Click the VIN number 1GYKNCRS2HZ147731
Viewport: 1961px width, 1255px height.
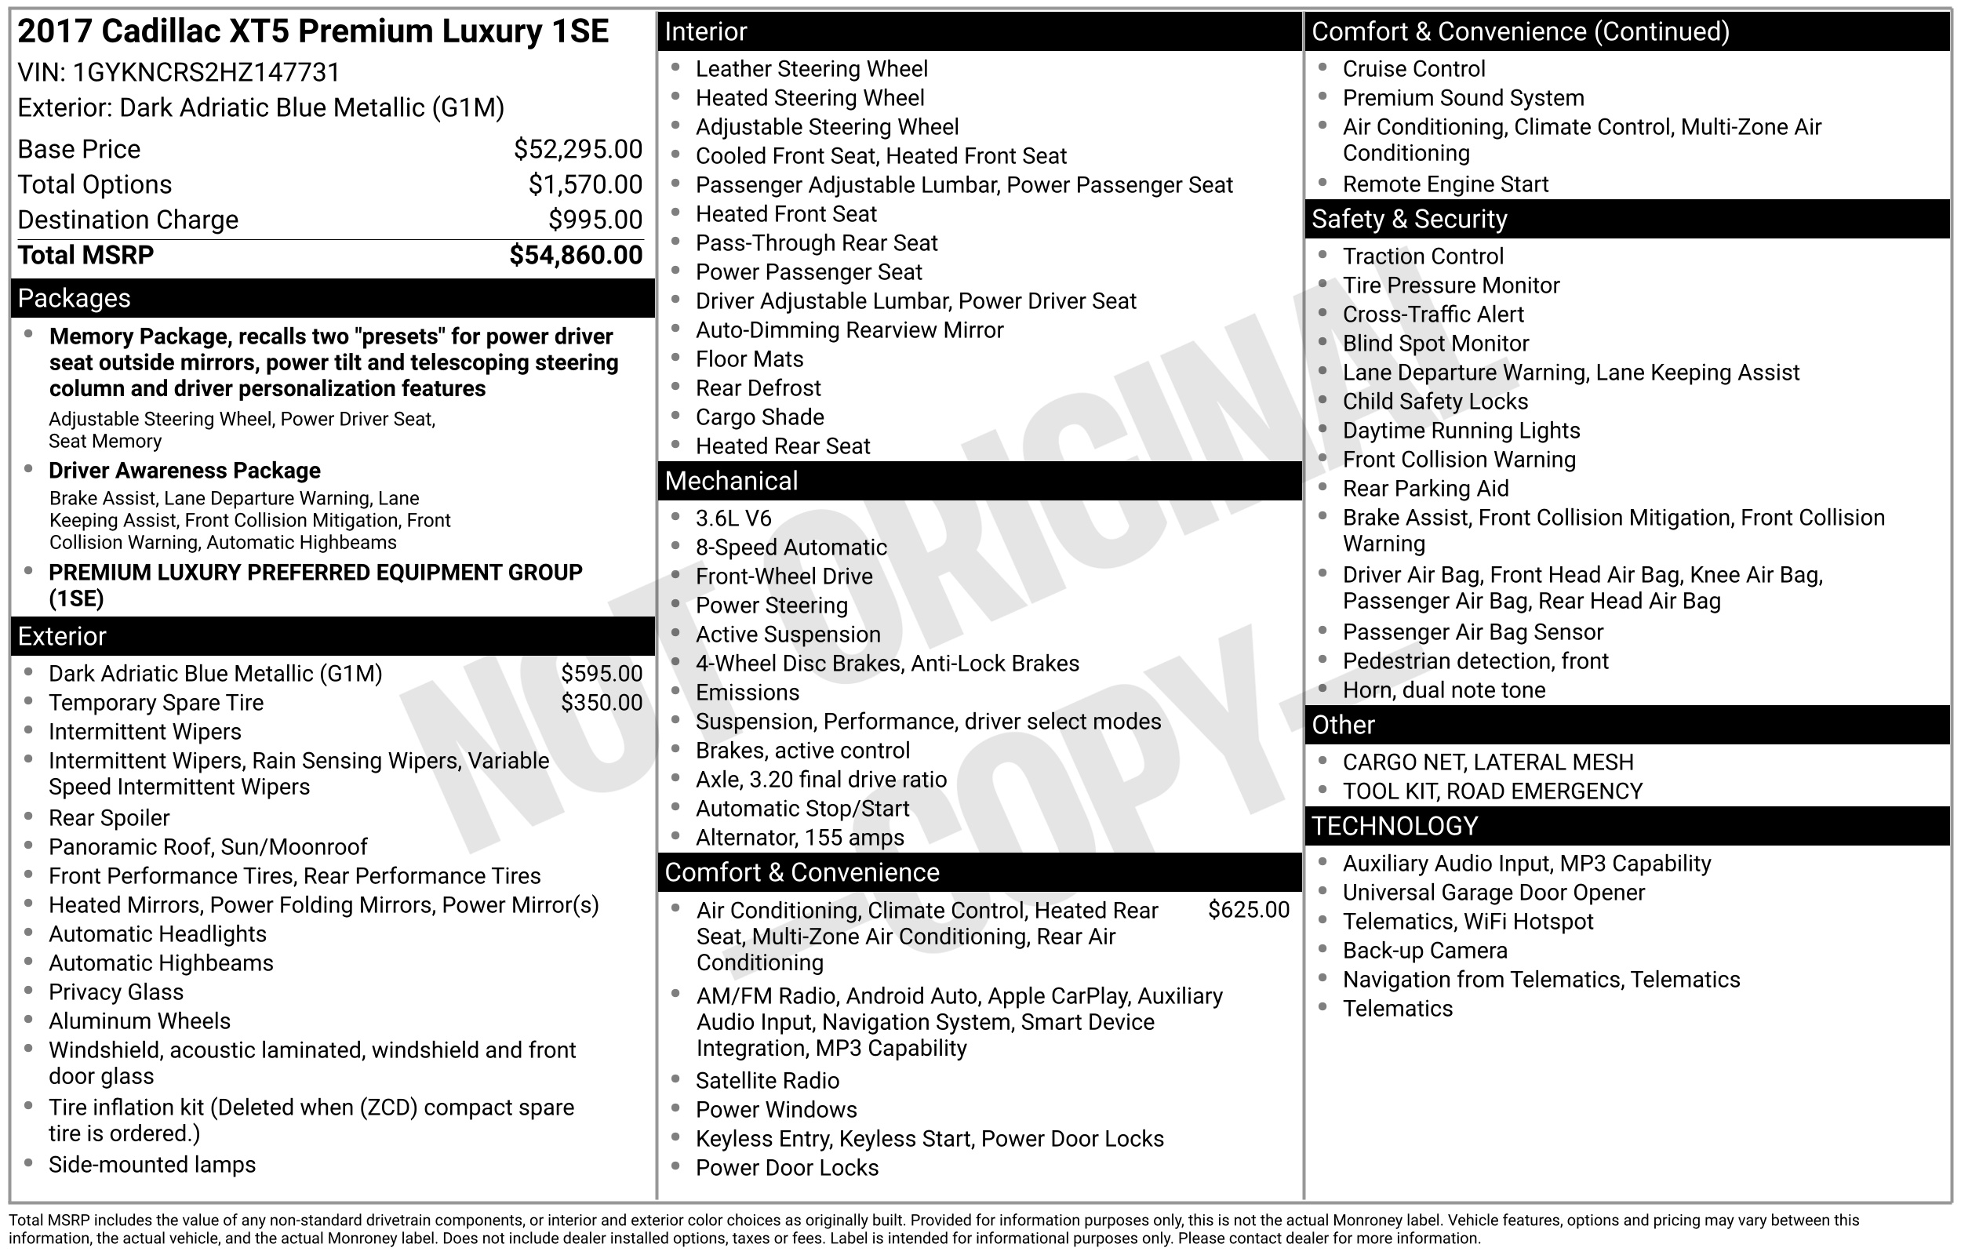point(206,72)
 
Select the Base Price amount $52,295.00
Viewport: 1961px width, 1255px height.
point(577,149)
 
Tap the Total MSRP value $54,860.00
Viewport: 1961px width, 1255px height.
point(575,255)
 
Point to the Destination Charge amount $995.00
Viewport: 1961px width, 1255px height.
point(595,220)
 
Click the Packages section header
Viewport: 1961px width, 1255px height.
point(75,298)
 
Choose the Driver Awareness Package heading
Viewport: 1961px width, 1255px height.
point(184,471)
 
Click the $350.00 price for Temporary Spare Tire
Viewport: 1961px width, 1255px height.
point(602,703)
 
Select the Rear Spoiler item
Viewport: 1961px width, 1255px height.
point(109,818)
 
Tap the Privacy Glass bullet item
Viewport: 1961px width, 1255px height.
point(115,992)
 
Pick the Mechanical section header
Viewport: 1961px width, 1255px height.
point(731,481)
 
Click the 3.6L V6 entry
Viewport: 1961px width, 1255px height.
point(733,518)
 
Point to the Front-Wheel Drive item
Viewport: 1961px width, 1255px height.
point(784,577)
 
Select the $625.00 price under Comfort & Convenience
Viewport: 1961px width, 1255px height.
point(1248,911)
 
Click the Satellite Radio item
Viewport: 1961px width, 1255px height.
point(767,1081)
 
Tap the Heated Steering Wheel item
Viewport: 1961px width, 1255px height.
point(810,98)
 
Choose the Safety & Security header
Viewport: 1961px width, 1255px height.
point(1409,219)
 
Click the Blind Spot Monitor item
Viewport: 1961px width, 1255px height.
point(1435,344)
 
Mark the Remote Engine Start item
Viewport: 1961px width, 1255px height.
point(1446,185)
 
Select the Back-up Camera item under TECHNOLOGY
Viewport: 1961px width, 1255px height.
point(1425,951)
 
